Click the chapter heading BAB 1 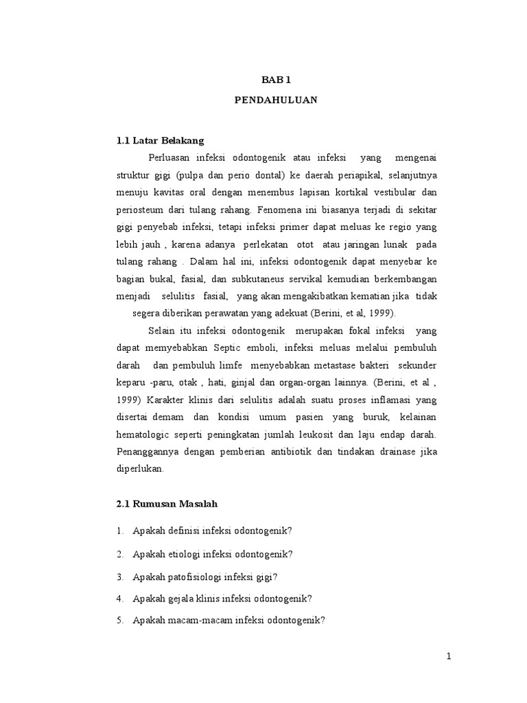(x=276, y=80)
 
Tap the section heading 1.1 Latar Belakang (x=161, y=140)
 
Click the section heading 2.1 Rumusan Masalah (x=167, y=504)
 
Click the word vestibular (x=411, y=193)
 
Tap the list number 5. (x=119, y=620)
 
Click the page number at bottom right (x=449, y=656)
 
